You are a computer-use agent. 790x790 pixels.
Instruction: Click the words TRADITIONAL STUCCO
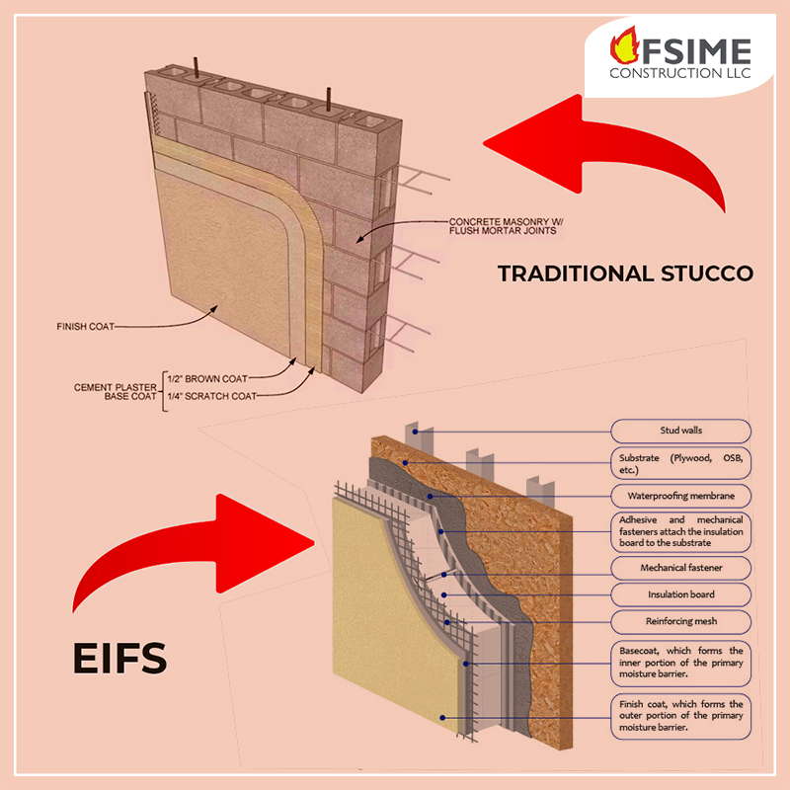point(625,273)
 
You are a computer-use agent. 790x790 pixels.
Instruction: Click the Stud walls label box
point(679,431)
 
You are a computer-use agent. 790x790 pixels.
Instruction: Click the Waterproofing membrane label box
point(679,496)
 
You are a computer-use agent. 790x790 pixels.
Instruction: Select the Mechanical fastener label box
point(679,568)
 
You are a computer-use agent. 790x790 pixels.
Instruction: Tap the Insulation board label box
point(679,594)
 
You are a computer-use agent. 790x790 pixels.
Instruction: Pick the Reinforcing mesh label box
point(679,622)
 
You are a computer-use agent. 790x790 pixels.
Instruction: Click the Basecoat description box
point(679,664)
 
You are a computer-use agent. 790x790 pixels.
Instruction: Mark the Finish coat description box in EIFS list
point(679,716)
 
